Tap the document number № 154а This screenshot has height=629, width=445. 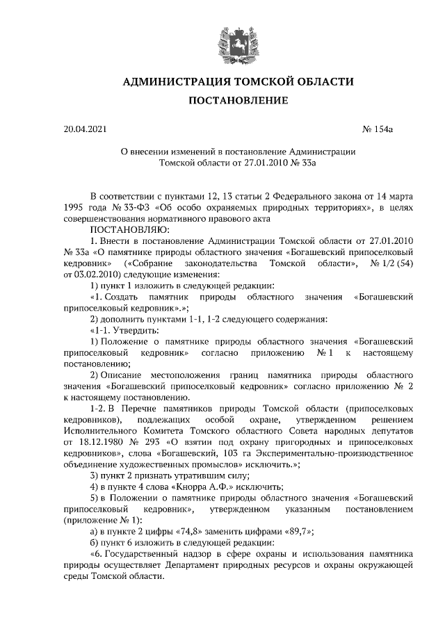tap(379, 129)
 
